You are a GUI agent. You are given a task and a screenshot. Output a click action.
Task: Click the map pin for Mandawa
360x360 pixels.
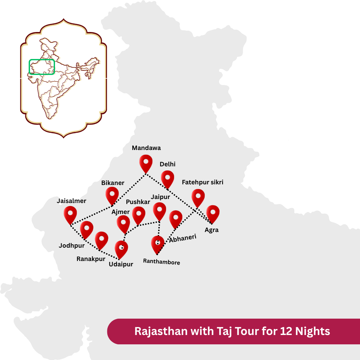point(146,162)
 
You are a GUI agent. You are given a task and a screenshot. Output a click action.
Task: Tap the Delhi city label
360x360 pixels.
point(167,164)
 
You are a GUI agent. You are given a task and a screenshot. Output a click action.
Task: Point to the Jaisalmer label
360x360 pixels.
point(71,201)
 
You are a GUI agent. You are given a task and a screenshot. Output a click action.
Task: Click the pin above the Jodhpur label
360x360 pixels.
point(87,229)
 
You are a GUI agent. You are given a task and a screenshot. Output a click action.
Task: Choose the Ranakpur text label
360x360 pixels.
point(91,259)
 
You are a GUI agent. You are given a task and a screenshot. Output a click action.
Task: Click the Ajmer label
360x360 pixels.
point(120,212)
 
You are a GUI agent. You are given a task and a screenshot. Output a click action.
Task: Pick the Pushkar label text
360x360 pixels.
point(138,202)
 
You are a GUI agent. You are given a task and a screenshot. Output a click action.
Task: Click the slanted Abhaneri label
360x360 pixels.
point(183,238)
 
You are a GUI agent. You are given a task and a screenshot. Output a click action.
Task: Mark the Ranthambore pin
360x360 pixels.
point(158,244)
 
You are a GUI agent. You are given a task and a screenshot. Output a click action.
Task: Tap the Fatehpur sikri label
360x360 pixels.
point(202,182)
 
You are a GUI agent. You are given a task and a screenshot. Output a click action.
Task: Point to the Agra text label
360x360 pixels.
point(212,230)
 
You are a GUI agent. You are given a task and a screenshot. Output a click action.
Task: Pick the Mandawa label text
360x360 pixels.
point(146,148)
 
